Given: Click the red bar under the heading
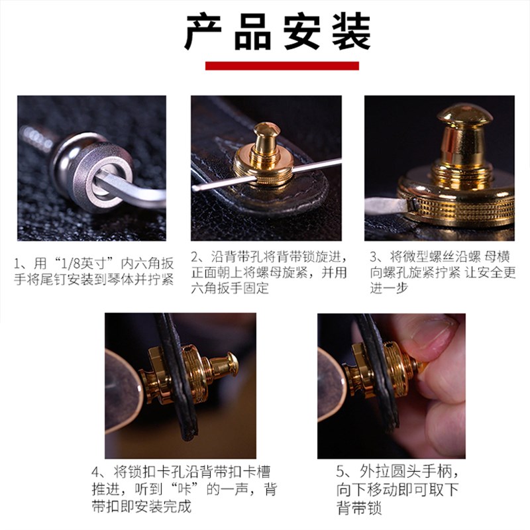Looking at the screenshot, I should [282, 66].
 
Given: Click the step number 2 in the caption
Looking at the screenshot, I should [197, 256].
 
